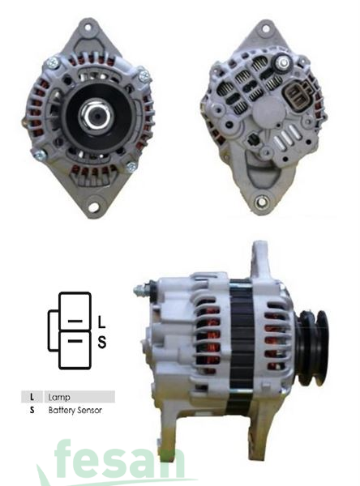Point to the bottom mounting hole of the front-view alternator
[93, 207]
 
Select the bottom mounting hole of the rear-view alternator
[261, 198]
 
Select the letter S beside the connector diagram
[102, 342]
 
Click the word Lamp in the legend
[59, 397]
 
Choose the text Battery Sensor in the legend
[75, 411]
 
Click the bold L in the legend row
[31, 397]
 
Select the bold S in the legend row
[31, 411]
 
